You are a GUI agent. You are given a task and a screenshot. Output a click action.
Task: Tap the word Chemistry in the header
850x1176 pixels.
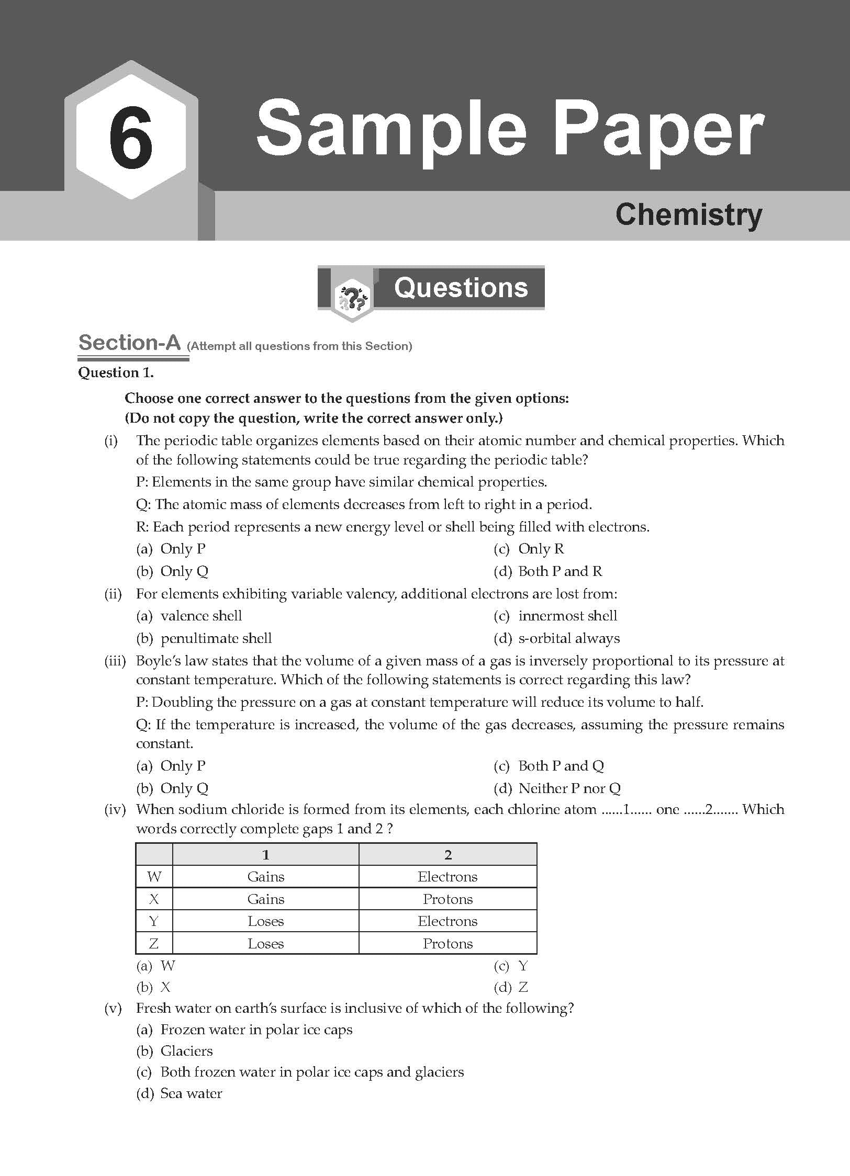point(688,214)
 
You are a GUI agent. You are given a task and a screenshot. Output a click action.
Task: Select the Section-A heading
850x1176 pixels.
point(129,343)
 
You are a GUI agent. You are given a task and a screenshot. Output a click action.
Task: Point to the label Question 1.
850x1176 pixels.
point(116,372)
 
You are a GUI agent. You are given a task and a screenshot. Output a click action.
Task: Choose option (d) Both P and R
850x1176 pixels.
point(548,571)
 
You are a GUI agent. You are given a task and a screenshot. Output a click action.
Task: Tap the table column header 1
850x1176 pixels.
point(265,854)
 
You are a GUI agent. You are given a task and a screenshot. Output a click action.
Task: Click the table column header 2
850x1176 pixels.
point(448,854)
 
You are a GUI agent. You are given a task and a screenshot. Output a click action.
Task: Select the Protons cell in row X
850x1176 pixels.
point(448,899)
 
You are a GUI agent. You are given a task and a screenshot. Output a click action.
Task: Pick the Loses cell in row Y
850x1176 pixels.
point(265,921)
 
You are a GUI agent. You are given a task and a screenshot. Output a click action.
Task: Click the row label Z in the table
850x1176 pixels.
point(154,943)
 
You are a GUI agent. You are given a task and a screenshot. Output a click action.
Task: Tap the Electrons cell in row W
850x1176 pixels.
point(448,876)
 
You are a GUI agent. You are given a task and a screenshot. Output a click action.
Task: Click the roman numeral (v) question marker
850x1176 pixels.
point(113,1008)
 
